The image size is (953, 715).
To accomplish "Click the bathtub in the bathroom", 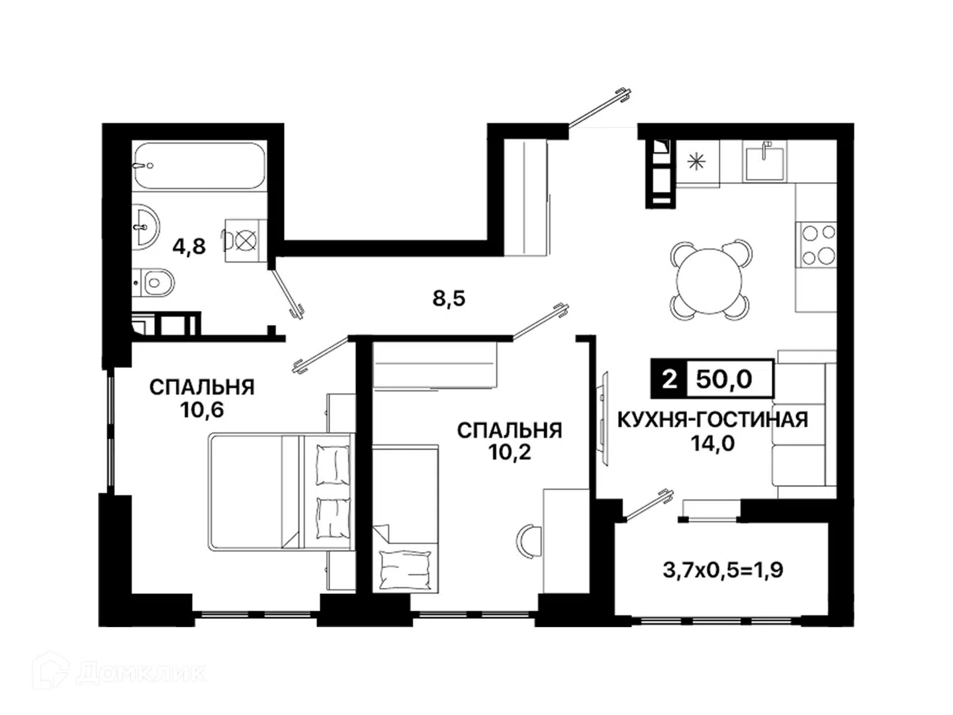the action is pyautogui.click(x=200, y=166).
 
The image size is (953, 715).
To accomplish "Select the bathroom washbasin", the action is pyautogui.click(x=145, y=227).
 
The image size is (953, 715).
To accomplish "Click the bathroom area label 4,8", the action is pyautogui.click(x=189, y=246).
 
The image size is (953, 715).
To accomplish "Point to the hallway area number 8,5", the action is pyautogui.click(x=449, y=299).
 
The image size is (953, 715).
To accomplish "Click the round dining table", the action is pyautogui.click(x=709, y=281).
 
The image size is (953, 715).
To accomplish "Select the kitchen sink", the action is pyautogui.click(x=764, y=164).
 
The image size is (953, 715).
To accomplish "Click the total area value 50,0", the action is pyautogui.click(x=724, y=379).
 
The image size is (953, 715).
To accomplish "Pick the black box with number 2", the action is pyautogui.click(x=669, y=379).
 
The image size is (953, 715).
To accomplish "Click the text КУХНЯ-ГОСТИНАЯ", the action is pyautogui.click(x=713, y=420).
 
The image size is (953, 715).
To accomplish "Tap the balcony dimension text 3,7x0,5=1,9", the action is pyautogui.click(x=723, y=570).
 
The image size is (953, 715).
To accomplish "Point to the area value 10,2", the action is pyautogui.click(x=510, y=453).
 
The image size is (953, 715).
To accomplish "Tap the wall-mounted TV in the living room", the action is pyautogui.click(x=603, y=418).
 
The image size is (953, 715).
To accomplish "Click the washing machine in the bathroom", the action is pyautogui.click(x=246, y=240).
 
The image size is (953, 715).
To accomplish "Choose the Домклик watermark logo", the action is pyautogui.click(x=118, y=673).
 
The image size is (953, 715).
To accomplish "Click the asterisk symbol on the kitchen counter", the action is pyautogui.click(x=696, y=162).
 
